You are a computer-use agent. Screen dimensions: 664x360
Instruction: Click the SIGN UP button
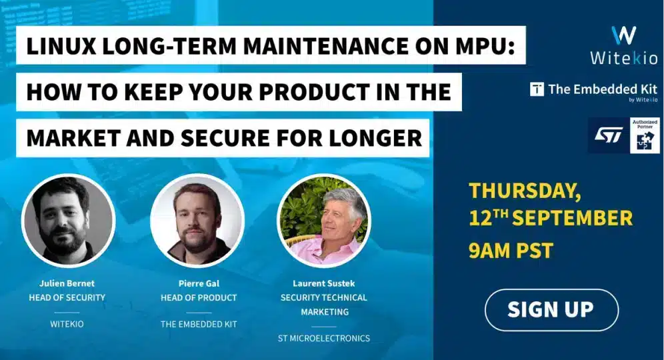tap(551, 309)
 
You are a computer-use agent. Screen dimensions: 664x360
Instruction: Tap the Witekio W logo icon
tap(624, 35)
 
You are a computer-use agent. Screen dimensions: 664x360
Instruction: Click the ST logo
tap(609, 135)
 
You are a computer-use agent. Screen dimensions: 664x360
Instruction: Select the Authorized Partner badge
tap(645, 135)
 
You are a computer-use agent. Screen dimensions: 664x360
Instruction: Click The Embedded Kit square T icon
tap(537, 89)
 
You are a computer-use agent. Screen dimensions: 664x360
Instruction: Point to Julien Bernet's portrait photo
tap(68, 220)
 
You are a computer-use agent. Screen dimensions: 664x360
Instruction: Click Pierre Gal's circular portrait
tap(197, 220)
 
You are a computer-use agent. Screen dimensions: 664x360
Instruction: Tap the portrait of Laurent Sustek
tap(324, 220)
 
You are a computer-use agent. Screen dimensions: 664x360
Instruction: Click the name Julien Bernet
tap(67, 283)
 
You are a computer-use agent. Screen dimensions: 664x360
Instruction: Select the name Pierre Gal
tap(199, 283)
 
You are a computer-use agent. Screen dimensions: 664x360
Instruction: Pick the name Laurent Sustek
tap(324, 283)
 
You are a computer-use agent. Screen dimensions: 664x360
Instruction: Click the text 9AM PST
tap(511, 250)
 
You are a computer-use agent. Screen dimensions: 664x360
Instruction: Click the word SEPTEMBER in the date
tap(573, 218)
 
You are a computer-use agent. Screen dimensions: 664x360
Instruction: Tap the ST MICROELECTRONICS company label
tap(324, 339)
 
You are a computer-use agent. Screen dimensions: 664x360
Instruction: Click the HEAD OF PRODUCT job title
tap(199, 298)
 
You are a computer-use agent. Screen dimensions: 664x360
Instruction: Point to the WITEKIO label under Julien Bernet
tap(67, 325)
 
